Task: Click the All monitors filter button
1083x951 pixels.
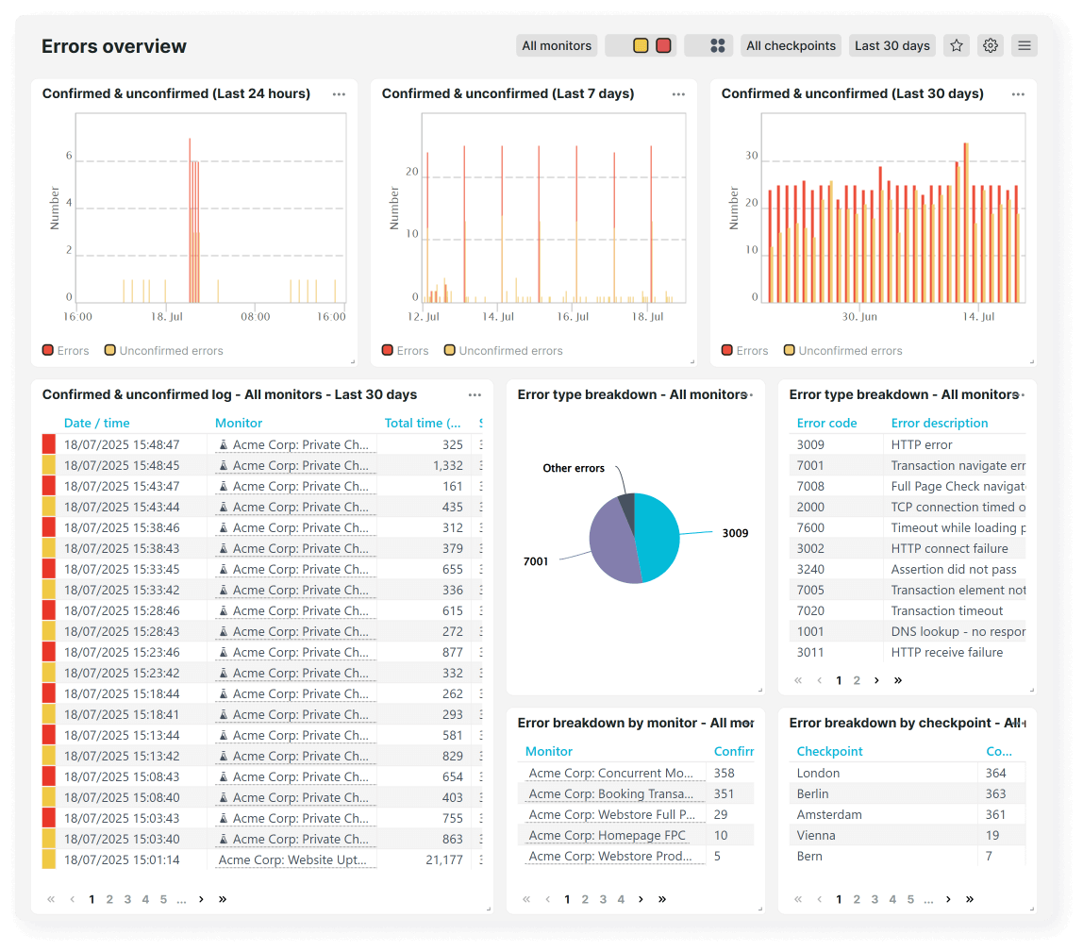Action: click(x=557, y=45)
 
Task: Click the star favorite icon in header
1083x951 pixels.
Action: click(x=957, y=45)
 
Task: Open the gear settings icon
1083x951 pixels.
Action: click(x=990, y=45)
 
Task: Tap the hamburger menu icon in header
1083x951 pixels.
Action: click(x=1024, y=45)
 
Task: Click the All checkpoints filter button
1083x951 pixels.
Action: click(x=791, y=45)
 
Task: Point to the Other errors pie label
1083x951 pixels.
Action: click(x=574, y=468)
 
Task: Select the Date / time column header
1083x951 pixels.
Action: click(x=97, y=423)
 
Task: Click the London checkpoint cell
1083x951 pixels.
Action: click(x=818, y=773)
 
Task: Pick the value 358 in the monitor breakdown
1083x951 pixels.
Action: click(x=725, y=773)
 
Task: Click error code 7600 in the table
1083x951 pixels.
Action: click(x=810, y=527)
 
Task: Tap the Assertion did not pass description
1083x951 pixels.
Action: click(x=954, y=569)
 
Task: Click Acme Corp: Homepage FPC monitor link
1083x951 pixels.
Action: click(x=608, y=835)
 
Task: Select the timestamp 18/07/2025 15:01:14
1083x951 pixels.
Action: click(x=122, y=859)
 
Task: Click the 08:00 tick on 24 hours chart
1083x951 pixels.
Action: click(x=255, y=317)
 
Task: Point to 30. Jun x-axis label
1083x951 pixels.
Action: click(x=859, y=317)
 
